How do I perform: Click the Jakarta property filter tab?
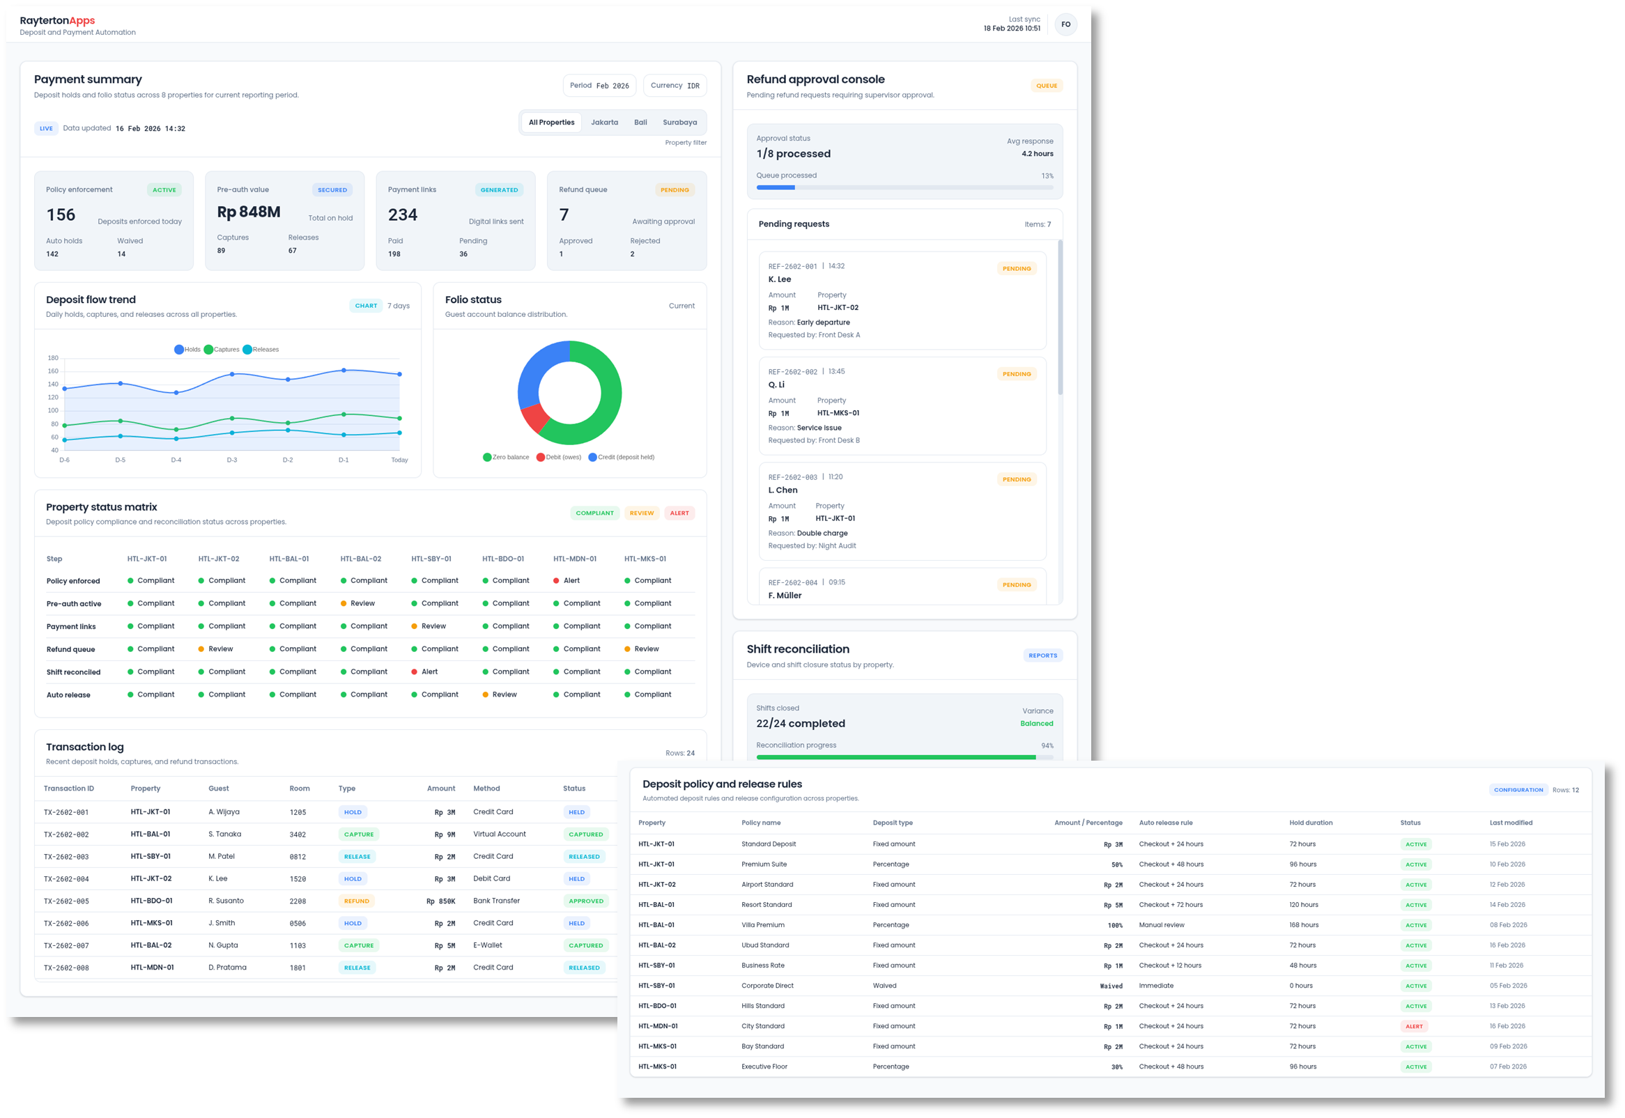[604, 123]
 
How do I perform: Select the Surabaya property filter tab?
[679, 123]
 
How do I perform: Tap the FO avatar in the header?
[1065, 24]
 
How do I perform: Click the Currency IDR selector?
[674, 86]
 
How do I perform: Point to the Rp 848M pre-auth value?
[249, 212]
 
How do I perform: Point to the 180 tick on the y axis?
[53, 358]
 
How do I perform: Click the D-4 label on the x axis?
[176, 460]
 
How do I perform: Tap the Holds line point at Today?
[399, 374]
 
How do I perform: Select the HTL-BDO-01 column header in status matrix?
[503, 559]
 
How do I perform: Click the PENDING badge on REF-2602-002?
[1016, 374]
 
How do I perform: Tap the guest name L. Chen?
[783, 490]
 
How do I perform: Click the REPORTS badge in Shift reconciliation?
[1042, 655]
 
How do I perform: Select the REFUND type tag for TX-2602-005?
[356, 901]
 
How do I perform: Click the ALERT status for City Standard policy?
[1414, 1026]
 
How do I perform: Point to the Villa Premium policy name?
[762, 925]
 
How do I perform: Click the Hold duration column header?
[1310, 823]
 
